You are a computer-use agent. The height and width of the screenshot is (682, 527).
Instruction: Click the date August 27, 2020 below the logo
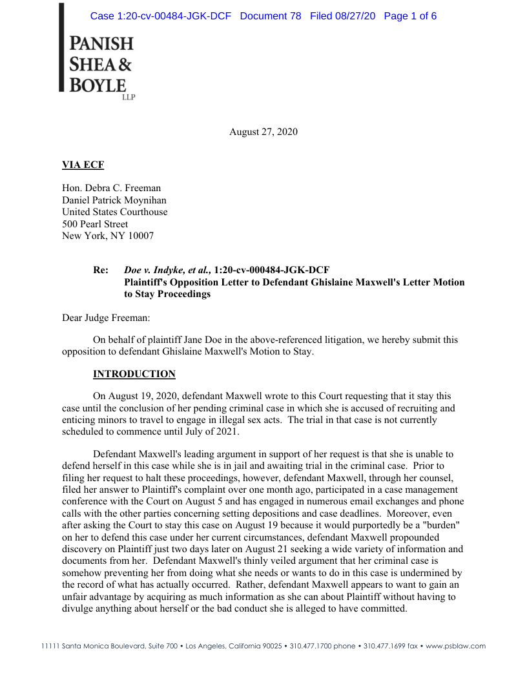click(263, 132)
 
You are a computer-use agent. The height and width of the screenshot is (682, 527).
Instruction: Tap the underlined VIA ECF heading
click(83, 165)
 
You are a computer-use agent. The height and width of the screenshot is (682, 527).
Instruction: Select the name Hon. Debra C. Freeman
click(111, 188)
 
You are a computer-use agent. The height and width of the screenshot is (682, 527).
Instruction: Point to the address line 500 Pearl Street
click(95, 224)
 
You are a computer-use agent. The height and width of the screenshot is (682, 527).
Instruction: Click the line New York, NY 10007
click(108, 236)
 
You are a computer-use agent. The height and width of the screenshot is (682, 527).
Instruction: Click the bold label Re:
click(101, 270)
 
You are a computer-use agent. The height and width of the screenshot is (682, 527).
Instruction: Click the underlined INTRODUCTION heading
click(134, 374)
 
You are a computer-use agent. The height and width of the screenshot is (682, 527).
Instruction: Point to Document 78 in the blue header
click(271, 16)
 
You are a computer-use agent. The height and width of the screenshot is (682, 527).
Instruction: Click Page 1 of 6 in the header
click(410, 16)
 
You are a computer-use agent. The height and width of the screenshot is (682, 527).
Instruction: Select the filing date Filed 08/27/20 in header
click(342, 16)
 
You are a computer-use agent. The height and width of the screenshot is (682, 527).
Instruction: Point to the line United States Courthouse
click(114, 212)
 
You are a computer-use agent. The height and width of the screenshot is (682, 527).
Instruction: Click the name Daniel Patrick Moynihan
click(116, 200)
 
